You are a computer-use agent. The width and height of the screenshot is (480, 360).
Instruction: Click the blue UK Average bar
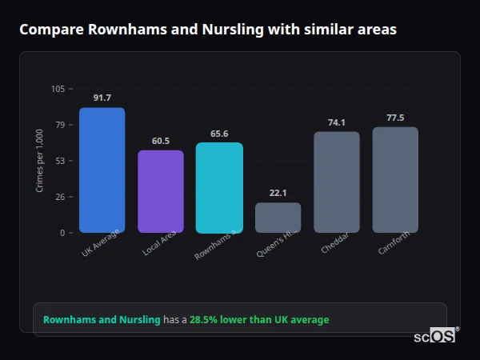102,170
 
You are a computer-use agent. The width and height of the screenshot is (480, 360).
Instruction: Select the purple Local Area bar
161,191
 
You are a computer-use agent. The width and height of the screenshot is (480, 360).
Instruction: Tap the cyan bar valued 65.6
219,187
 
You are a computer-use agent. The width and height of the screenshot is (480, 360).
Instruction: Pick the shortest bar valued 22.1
278,217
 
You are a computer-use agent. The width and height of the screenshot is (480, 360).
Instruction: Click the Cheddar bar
337,182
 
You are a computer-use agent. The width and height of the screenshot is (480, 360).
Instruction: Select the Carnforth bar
395,179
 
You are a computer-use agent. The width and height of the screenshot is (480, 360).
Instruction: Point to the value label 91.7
102,98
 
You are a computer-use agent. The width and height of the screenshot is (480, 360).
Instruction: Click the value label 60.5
161,141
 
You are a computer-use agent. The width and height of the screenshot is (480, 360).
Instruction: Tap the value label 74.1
337,122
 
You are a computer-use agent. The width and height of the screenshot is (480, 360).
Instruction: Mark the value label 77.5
395,118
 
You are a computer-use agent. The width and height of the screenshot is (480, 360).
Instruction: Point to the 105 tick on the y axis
58,89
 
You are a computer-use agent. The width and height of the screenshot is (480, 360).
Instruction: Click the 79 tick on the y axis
59,125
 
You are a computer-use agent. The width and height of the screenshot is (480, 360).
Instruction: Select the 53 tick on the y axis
59,161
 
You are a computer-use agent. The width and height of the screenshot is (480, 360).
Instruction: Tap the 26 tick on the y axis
59,197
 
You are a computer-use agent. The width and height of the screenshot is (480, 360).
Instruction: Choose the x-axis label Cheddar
334,244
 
